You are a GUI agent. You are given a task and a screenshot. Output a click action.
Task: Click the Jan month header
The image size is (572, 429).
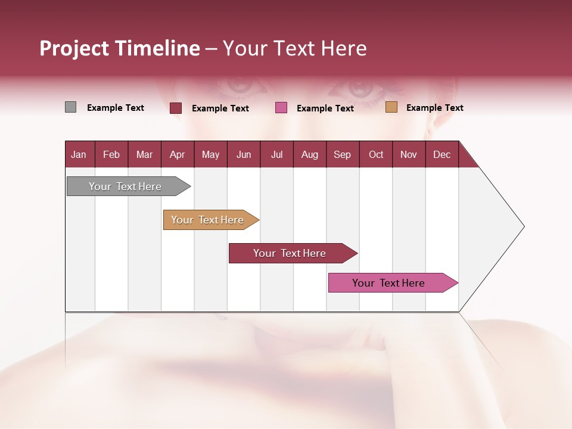point(79,154)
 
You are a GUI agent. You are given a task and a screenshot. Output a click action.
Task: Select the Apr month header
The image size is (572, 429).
point(178,154)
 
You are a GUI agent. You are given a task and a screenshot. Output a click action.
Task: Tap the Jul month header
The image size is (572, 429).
point(276,154)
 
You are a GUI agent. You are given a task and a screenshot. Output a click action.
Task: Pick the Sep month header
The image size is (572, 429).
point(343,154)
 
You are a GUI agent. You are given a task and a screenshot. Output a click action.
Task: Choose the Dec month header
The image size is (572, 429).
point(442,154)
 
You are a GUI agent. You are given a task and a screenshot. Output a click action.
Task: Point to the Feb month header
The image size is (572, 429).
point(111,154)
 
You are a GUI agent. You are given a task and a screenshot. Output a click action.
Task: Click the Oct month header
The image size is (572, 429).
point(376,154)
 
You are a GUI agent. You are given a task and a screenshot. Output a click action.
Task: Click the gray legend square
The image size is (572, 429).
point(70,107)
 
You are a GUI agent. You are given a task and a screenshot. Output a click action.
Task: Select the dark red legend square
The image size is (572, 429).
point(176,108)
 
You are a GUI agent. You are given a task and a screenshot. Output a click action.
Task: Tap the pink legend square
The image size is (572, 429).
point(281,108)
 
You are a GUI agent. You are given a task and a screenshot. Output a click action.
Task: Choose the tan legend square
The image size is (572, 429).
point(391,107)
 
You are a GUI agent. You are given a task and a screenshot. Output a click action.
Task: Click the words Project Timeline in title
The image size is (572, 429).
point(119,48)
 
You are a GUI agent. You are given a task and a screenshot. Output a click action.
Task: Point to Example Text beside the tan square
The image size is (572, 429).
point(434,108)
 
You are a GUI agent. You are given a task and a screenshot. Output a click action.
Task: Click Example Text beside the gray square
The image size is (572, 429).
point(116,108)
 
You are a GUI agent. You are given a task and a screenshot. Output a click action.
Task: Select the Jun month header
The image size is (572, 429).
point(244,154)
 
